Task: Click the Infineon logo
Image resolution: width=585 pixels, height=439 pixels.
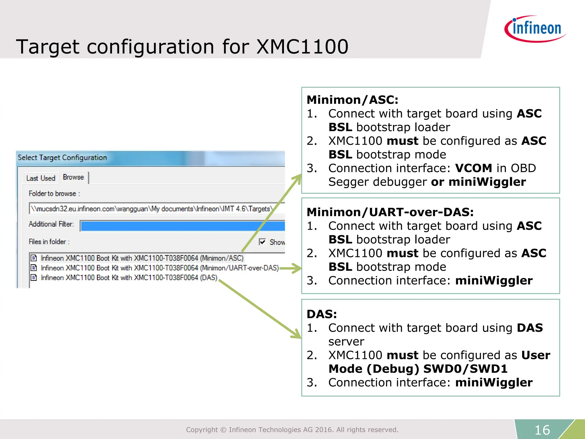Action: [535, 29]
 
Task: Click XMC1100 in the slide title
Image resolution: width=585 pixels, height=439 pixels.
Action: [302, 47]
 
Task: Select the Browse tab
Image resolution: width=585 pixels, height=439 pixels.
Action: [73, 177]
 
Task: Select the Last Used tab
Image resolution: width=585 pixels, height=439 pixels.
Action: [41, 178]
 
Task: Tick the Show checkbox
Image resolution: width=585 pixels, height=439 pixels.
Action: [262, 242]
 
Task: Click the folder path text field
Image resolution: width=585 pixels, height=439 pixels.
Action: [154, 209]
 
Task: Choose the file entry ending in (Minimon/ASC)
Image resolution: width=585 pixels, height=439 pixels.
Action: [142, 258]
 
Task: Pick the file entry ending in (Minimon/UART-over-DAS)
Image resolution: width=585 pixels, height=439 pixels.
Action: [159, 268]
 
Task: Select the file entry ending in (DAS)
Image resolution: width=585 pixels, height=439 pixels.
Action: [129, 278]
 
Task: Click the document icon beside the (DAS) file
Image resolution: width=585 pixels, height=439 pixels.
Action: [34, 278]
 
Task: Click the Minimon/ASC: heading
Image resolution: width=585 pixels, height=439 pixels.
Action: [352, 100]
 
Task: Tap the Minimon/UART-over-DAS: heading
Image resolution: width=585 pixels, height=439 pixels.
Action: [390, 212]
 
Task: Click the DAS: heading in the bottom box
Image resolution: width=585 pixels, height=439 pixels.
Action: [322, 314]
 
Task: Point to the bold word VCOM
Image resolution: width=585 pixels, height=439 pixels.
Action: [473, 168]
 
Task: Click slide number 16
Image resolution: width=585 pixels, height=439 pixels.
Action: [542, 430]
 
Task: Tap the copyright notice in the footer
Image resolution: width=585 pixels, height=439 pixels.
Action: [292, 430]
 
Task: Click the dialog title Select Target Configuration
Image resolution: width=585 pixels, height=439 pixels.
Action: [62, 157]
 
